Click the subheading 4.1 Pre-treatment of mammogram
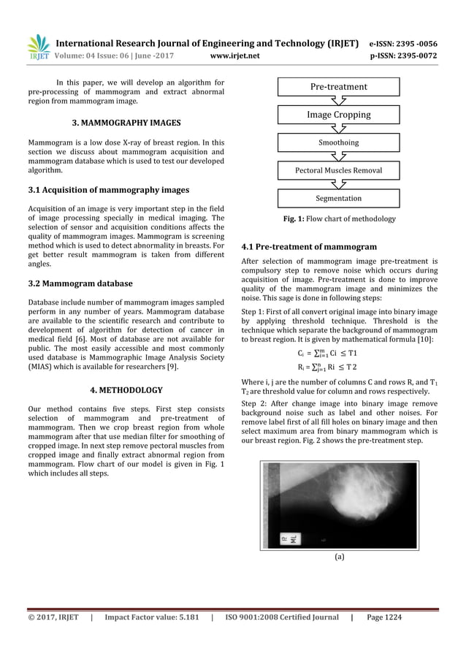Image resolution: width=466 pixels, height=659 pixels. (309, 247)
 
